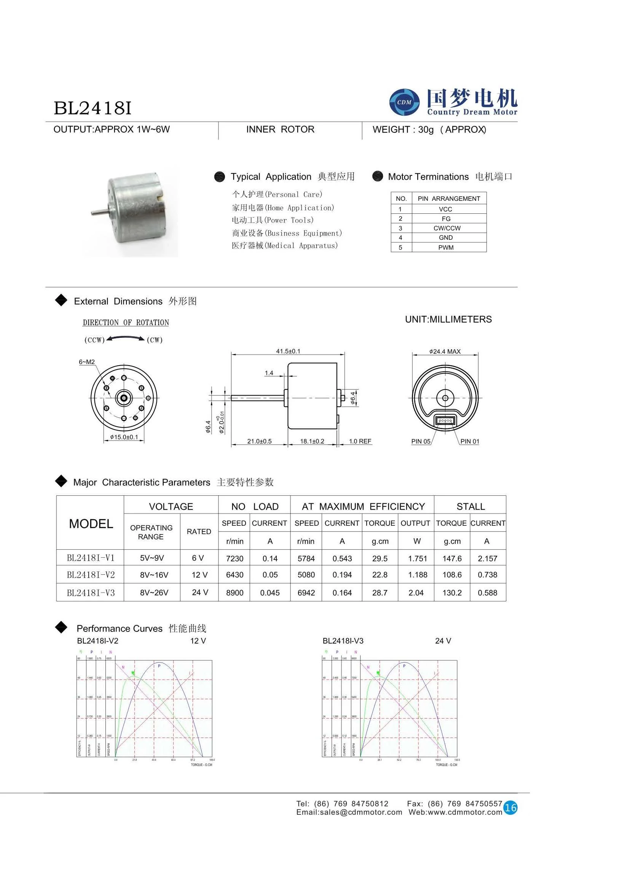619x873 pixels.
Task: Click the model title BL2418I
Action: coord(93,108)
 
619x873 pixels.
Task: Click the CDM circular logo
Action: coord(404,102)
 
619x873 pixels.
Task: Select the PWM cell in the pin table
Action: coord(445,248)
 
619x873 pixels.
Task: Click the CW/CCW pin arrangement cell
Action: coord(447,228)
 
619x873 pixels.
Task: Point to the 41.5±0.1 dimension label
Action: coord(288,351)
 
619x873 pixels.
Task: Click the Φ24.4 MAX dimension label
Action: coord(445,351)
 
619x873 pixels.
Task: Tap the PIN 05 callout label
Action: coord(420,442)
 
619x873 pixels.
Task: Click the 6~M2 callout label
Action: coord(86,362)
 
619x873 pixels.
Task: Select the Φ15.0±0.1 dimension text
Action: coord(124,437)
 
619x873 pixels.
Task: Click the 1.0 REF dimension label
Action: coord(360,442)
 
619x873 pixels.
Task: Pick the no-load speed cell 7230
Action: coord(235,559)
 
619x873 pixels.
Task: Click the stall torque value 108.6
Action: coord(451,575)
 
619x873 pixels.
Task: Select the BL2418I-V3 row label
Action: coord(91,593)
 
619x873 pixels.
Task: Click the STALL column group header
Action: coord(471,507)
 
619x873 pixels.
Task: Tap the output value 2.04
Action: coord(416,593)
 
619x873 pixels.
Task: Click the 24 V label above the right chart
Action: coord(443,641)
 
